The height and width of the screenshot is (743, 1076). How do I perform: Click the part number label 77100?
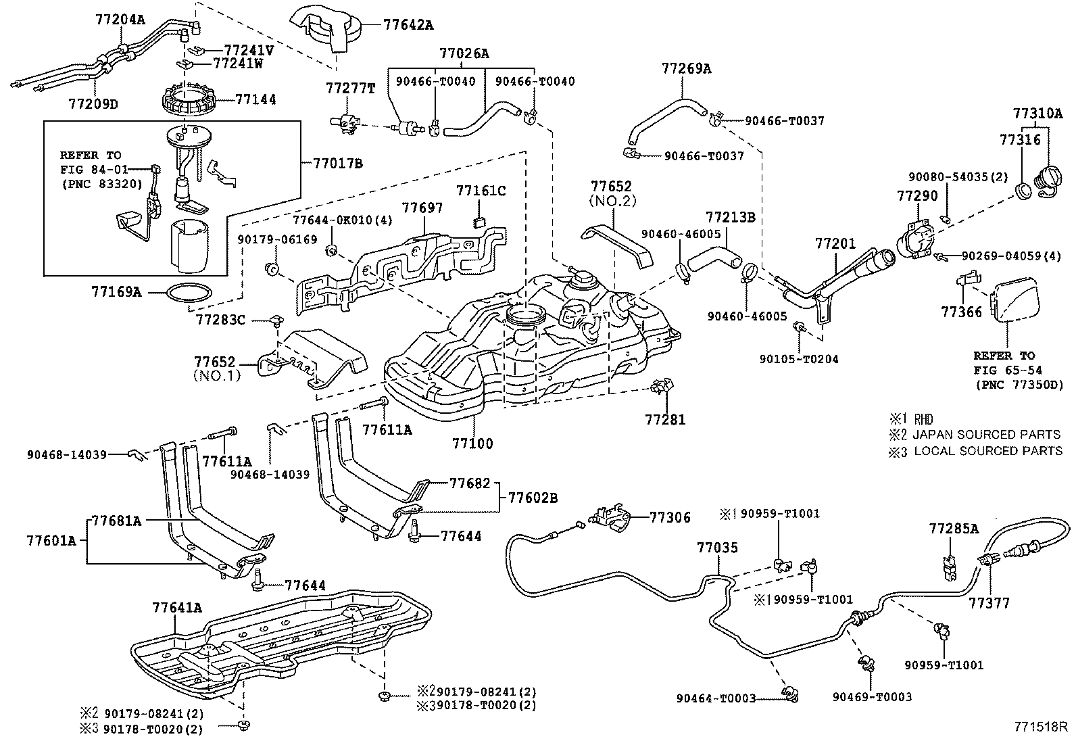472,444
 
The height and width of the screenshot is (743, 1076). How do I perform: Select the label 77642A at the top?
408,26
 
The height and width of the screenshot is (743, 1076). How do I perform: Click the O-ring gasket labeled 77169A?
189,293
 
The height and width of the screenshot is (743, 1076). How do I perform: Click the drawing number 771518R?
1040,727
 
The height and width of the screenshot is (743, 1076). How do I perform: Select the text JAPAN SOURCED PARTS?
986,435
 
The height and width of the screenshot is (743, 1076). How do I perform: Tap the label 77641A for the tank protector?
176,607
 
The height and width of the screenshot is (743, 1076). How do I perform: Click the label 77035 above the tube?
717,548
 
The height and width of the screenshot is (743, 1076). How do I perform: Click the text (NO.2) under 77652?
612,201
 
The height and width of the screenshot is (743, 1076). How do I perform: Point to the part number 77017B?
337,163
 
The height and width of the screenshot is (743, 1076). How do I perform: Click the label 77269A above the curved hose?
686,68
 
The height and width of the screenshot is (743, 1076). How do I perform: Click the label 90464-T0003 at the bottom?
716,698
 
